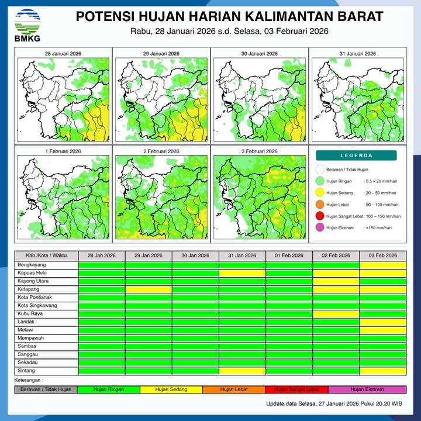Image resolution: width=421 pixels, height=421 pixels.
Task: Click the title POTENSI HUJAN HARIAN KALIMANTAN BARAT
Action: (230, 16)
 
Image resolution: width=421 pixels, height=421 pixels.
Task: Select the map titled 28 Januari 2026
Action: (63, 96)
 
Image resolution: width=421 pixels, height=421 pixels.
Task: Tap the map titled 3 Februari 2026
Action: (259, 196)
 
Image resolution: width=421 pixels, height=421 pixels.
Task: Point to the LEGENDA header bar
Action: (356, 156)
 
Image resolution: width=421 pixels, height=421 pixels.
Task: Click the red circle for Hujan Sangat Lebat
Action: (319, 216)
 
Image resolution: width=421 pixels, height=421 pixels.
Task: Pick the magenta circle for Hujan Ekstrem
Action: (319, 228)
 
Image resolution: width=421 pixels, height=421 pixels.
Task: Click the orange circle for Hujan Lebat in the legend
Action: (319, 205)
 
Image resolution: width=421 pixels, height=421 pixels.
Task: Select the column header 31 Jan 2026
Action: (242, 256)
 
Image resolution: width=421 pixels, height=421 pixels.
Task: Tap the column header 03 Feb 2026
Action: (382, 256)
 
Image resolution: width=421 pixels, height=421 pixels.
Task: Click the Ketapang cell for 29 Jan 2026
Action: (149, 289)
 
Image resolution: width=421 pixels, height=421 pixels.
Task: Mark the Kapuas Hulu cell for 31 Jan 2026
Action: (242, 272)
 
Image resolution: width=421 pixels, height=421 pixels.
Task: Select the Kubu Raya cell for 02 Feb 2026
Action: (336, 313)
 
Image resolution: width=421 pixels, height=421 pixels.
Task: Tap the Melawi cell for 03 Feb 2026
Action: (382, 330)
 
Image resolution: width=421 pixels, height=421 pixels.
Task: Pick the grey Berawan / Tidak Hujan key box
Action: (46, 389)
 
